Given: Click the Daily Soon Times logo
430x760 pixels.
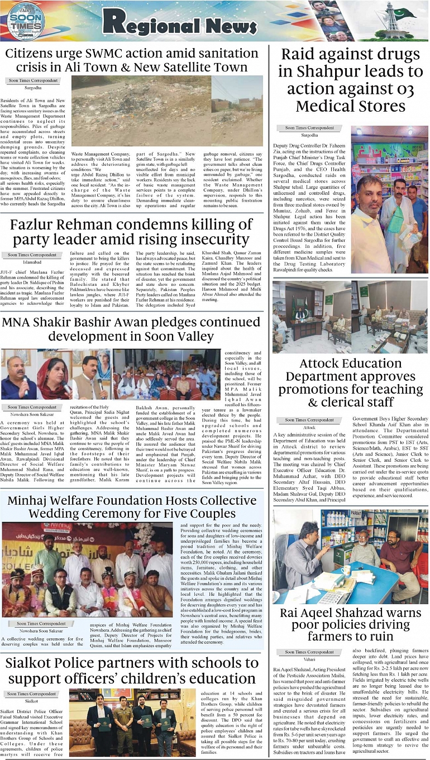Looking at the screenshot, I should pyautogui.click(x=25, y=21).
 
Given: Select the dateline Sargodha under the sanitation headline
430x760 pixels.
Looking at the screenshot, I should pyautogui.click(x=33, y=88).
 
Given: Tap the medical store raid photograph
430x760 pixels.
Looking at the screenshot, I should pyautogui.click(x=389, y=199).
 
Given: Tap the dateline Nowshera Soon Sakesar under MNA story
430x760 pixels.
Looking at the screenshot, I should pyautogui.click(x=33, y=414).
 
